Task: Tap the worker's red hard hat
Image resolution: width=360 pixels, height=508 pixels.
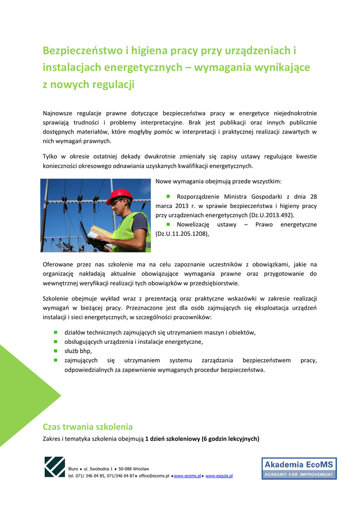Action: [x=119, y=195]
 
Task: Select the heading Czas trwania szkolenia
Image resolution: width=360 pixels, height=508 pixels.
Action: [x=88, y=427]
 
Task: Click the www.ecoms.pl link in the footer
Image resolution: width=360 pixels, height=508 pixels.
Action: [x=187, y=476]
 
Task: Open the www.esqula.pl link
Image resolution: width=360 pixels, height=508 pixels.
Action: [x=219, y=476]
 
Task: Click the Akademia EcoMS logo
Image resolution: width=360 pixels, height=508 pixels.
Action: [x=299, y=468]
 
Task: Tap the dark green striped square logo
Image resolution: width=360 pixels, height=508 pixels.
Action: [x=55, y=467]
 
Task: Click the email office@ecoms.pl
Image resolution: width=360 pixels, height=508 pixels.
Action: [x=154, y=476]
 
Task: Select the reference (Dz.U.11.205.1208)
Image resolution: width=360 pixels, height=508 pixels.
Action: [x=182, y=234]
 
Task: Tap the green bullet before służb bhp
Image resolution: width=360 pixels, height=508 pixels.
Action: [x=56, y=351]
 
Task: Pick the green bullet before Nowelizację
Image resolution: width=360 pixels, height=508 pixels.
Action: [x=168, y=224]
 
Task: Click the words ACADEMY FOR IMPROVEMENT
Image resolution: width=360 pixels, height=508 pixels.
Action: [x=299, y=474]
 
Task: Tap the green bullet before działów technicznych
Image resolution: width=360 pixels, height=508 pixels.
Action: [x=56, y=332]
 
